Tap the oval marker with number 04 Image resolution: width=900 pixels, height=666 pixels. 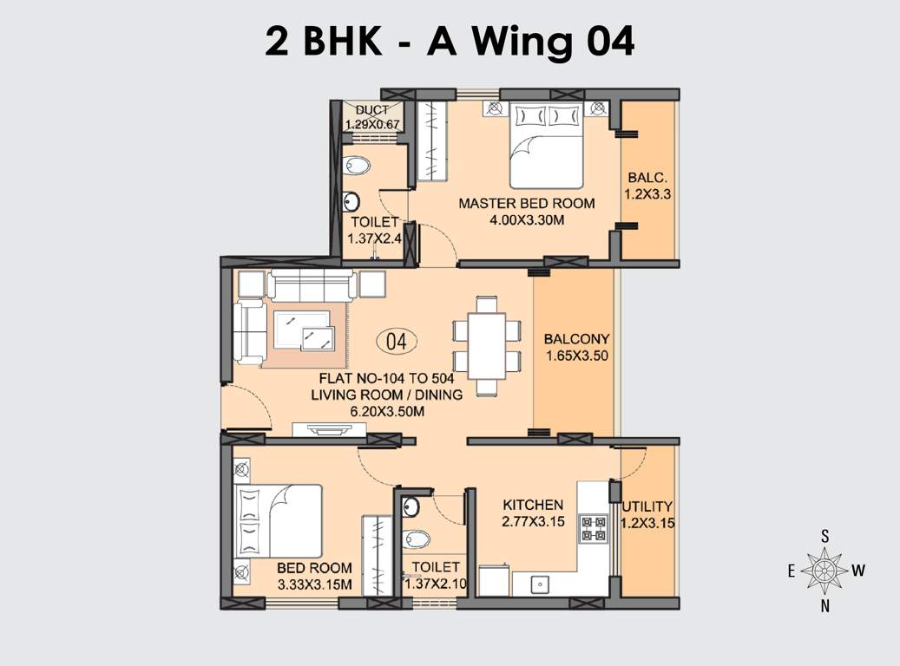coord(396,341)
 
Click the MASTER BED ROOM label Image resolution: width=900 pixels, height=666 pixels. coord(526,204)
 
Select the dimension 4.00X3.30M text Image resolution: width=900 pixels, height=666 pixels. coord(527,220)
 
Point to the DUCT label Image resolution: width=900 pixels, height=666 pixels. coord(372,110)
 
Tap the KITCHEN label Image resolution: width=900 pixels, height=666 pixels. coord(533,505)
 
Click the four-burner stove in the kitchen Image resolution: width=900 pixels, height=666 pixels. coord(594,528)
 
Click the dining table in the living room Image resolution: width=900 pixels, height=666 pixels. coord(486,345)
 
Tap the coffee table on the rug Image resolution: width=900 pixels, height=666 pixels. coord(304,330)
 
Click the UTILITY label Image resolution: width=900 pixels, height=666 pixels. coord(647,506)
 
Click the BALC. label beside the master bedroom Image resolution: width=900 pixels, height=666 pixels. coord(647,179)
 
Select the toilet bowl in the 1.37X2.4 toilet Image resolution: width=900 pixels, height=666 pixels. coord(358,165)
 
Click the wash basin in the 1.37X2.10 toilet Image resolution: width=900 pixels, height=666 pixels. coord(411,506)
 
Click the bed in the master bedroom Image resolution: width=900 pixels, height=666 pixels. coord(545,144)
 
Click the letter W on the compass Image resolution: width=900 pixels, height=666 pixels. coord(857,570)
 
